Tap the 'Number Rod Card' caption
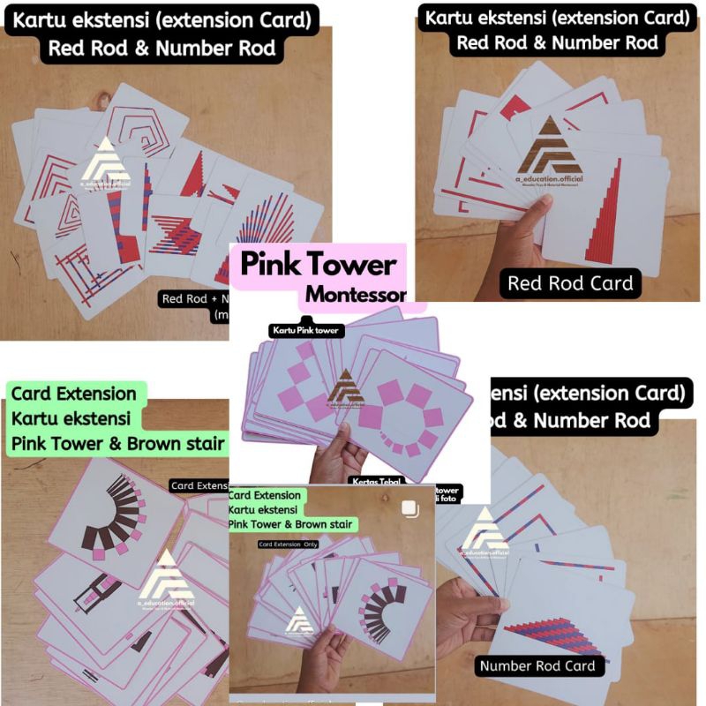pos(537,665)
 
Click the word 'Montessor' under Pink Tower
pos(356,294)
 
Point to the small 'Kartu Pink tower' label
pos(304,330)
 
